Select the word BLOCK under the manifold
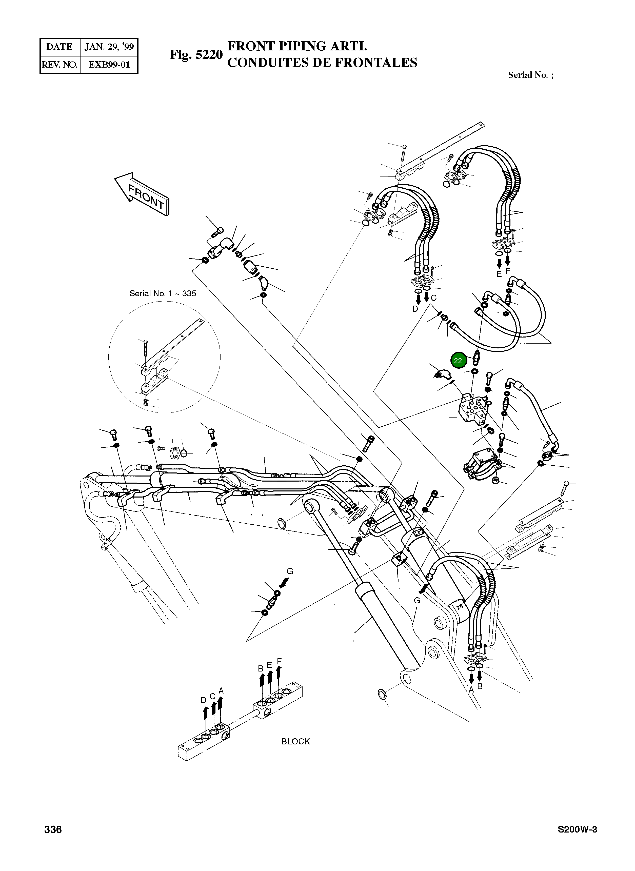[x=295, y=741]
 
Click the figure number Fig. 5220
[x=196, y=55]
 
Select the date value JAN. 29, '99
[x=109, y=47]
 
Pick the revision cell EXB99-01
[x=109, y=65]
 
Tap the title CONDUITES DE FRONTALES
[x=322, y=63]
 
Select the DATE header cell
[x=59, y=47]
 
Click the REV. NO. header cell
[x=59, y=65]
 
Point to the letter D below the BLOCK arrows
[x=204, y=701]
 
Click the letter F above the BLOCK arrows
[x=280, y=661]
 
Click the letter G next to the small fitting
[x=290, y=571]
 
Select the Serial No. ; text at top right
[x=530, y=75]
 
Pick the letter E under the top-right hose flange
[x=499, y=274]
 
